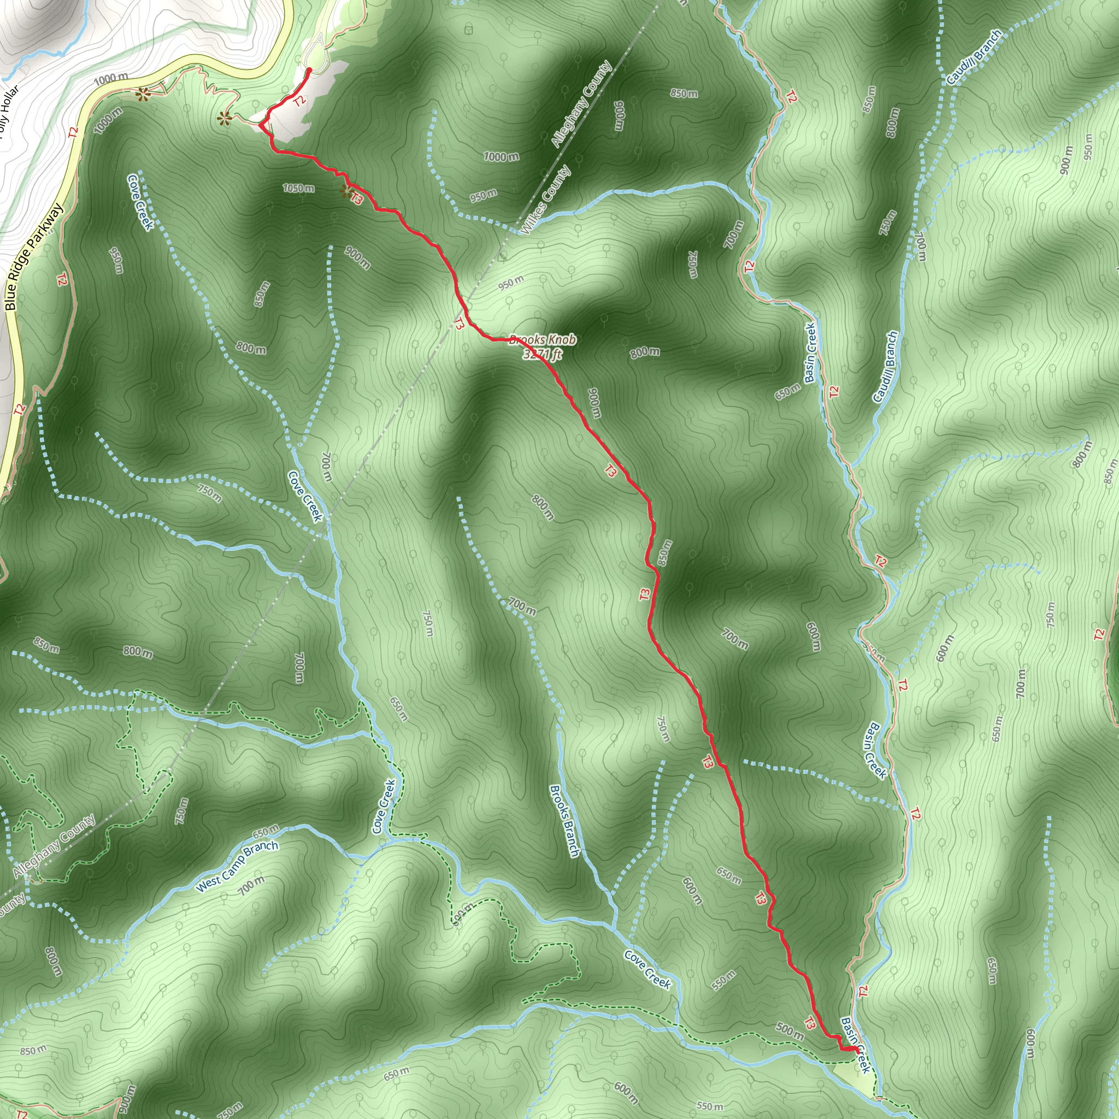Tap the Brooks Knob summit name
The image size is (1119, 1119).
542,340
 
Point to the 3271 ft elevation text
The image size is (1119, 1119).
542,354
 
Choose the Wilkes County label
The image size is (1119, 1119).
546,200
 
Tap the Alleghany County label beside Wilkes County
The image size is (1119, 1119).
581,104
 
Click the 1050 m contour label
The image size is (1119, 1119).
298,189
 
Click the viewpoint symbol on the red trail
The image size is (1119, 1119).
346,191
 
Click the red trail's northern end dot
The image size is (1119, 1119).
309,70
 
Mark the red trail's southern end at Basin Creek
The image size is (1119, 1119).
857,1050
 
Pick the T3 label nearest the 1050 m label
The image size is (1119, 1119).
357,199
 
